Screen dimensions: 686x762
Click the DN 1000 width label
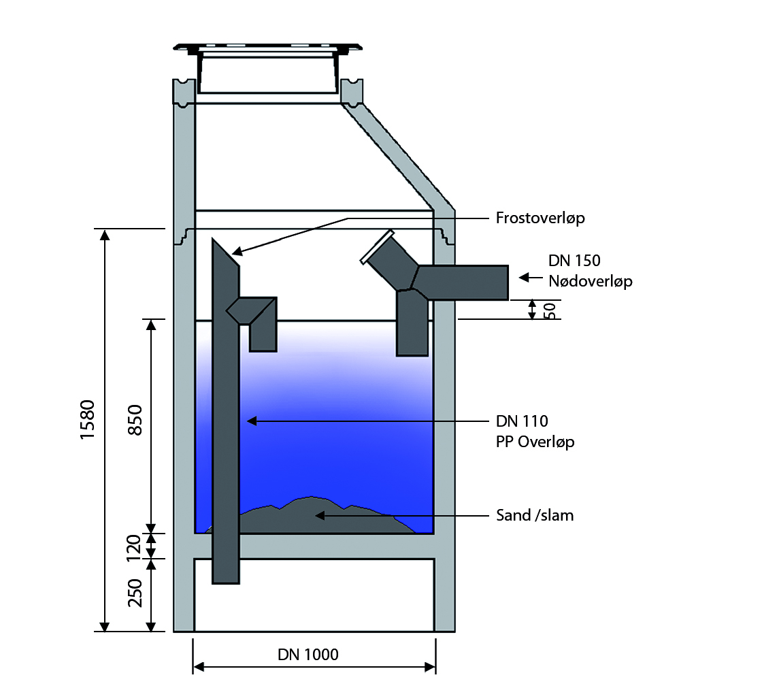308,655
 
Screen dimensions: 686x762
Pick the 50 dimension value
550,310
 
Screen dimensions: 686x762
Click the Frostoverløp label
540,218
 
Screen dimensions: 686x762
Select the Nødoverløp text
591,280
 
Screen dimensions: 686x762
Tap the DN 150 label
575,261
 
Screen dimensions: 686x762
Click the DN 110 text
523,421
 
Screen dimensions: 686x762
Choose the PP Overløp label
535,442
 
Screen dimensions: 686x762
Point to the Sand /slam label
535,515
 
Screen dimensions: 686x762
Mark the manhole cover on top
267,49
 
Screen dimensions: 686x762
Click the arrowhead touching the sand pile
318,515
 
